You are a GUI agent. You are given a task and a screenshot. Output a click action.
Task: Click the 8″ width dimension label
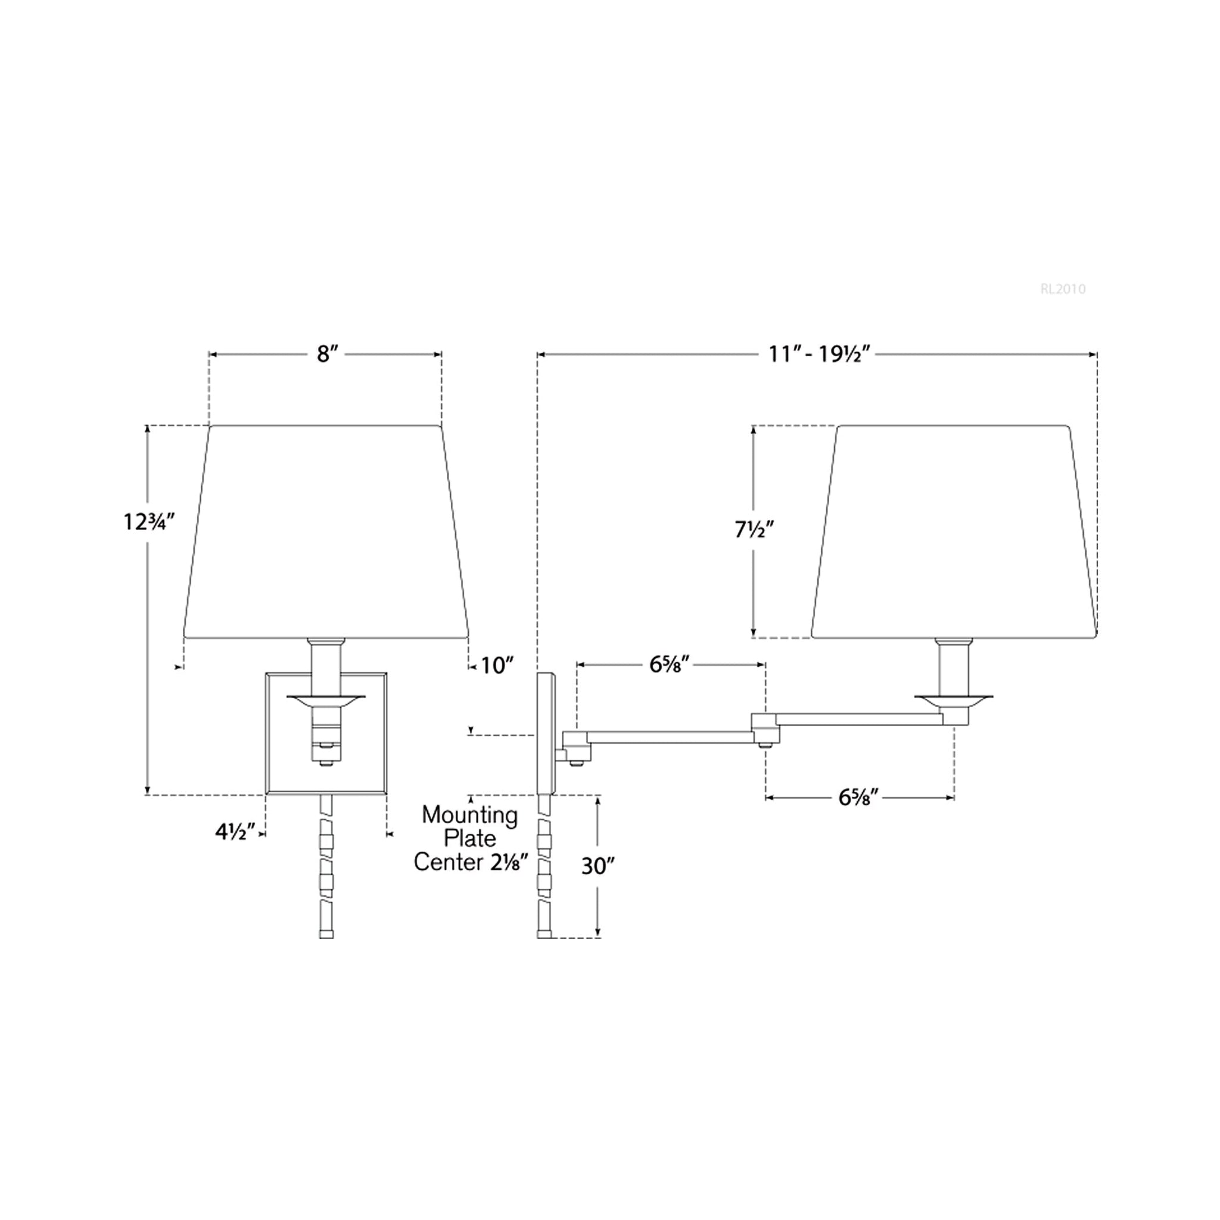(x=324, y=354)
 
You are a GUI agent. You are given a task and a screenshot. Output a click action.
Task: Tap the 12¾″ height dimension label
(x=149, y=522)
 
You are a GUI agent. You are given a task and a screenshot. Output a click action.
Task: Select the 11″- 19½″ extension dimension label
(x=820, y=354)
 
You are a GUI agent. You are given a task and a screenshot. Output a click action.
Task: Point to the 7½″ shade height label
(x=754, y=530)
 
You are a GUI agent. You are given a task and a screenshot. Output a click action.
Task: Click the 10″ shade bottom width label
(x=497, y=665)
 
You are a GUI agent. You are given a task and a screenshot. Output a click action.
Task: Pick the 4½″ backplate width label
(x=235, y=832)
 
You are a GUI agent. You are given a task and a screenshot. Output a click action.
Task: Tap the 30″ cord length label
(x=597, y=867)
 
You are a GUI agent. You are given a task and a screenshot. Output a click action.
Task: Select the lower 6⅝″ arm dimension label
(x=858, y=798)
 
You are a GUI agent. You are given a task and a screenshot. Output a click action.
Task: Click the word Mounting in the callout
(x=470, y=816)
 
